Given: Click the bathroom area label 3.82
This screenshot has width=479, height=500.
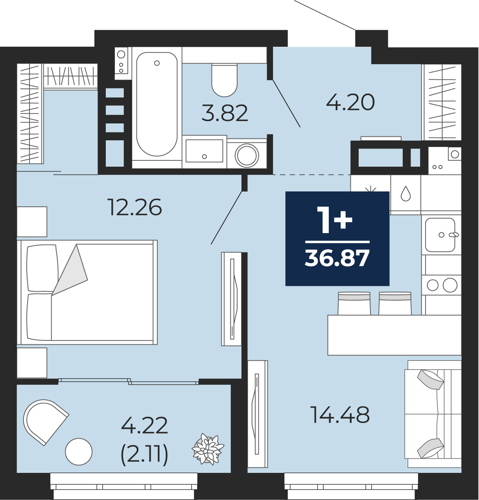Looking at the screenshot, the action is coord(225,113).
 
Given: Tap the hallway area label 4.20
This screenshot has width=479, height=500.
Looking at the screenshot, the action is coord(350,102).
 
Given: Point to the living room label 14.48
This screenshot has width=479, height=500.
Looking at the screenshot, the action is coord(340,415).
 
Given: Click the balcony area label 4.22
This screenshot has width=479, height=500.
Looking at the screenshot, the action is coord(144,425).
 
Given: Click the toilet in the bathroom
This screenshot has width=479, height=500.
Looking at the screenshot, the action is coord(225,80).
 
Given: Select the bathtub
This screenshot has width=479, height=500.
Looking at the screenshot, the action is coord(157,104).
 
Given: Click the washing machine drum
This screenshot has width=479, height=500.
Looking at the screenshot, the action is coord(247,155).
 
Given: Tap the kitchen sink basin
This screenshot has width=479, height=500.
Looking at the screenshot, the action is coord(440,235).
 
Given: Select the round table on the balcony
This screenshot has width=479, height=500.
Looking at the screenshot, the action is coord(79,452).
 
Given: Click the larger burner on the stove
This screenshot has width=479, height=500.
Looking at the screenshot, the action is coord(450,285).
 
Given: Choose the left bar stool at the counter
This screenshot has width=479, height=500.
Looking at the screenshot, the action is coord(354,303).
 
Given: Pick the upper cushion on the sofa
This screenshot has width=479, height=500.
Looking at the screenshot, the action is coord(430,380).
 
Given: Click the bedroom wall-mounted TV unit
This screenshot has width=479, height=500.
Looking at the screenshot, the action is coord(231,299).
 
